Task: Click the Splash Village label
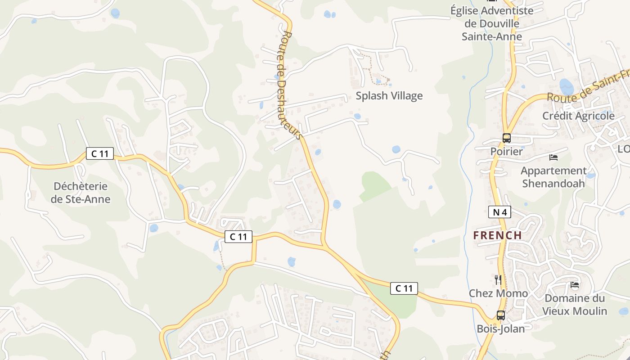pyautogui.click(x=389, y=96)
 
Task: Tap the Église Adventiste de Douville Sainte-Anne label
pyautogui.click(x=492, y=23)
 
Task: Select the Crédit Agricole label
pyautogui.click(x=578, y=116)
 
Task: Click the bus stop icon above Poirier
pyautogui.click(x=507, y=138)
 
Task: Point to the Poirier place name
pyautogui.click(x=507, y=151)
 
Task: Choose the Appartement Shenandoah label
pyautogui.click(x=553, y=177)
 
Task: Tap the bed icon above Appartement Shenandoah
pyautogui.click(x=553, y=157)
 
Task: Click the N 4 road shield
pyautogui.click(x=499, y=211)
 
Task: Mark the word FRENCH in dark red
pyautogui.click(x=497, y=235)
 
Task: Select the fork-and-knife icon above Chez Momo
pyautogui.click(x=498, y=279)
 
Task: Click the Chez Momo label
pyautogui.click(x=498, y=293)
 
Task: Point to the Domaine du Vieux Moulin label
pyautogui.click(x=575, y=305)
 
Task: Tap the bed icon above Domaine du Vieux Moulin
pyautogui.click(x=575, y=285)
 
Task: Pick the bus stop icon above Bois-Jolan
pyautogui.click(x=501, y=315)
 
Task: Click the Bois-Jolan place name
pyautogui.click(x=501, y=329)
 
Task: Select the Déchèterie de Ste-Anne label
pyautogui.click(x=81, y=193)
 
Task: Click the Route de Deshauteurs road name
pyautogui.click(x=288, y=85)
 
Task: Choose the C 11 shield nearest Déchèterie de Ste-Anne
pyautogui.click(x=100, y=153)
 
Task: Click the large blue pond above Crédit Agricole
pyautogui.click(x=566, y=86)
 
